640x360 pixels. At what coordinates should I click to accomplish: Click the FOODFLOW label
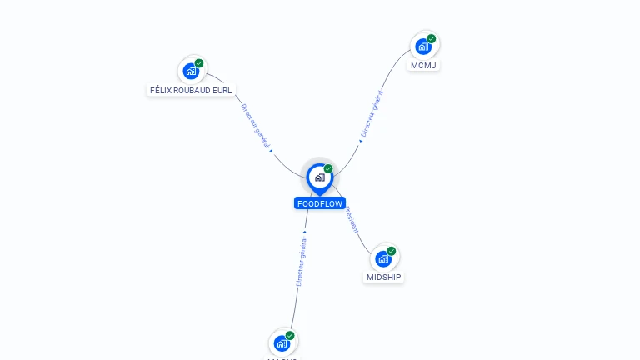coord(319,203)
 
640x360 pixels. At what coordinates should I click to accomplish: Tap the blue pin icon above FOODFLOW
coord(319,177)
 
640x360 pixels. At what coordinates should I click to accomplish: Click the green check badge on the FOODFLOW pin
coord(328,169)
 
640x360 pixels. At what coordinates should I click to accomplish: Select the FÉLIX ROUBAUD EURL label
coord(191,90)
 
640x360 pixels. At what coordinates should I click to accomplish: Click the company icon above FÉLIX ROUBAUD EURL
coord(191,71)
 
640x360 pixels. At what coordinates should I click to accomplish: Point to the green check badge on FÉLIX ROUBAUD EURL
coord(199,63)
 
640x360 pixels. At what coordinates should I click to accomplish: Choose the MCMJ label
coord(423,65)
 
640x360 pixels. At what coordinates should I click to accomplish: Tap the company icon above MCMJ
coord(423,47)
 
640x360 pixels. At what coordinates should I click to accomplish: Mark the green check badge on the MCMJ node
coord(432,38)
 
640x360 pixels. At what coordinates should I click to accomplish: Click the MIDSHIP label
coord(383,277)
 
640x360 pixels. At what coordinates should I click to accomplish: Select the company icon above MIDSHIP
coord(383,258)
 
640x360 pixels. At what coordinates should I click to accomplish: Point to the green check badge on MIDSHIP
coord(392,251)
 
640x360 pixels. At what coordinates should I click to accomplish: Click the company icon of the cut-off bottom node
coord(282,342)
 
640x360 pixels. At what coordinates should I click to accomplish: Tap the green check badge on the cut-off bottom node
coord(290,335)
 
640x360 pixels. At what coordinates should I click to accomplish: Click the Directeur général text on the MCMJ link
coord(372,113)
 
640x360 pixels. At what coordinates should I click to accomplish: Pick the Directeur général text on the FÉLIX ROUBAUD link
coord(256,127)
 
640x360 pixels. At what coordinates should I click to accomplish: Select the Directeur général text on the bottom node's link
coord(302,260)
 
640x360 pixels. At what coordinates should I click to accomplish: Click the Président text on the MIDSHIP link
coord(352,219)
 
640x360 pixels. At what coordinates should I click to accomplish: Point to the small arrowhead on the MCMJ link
coord(361,141)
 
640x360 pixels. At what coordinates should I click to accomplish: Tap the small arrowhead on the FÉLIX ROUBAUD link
coord(272,151)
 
